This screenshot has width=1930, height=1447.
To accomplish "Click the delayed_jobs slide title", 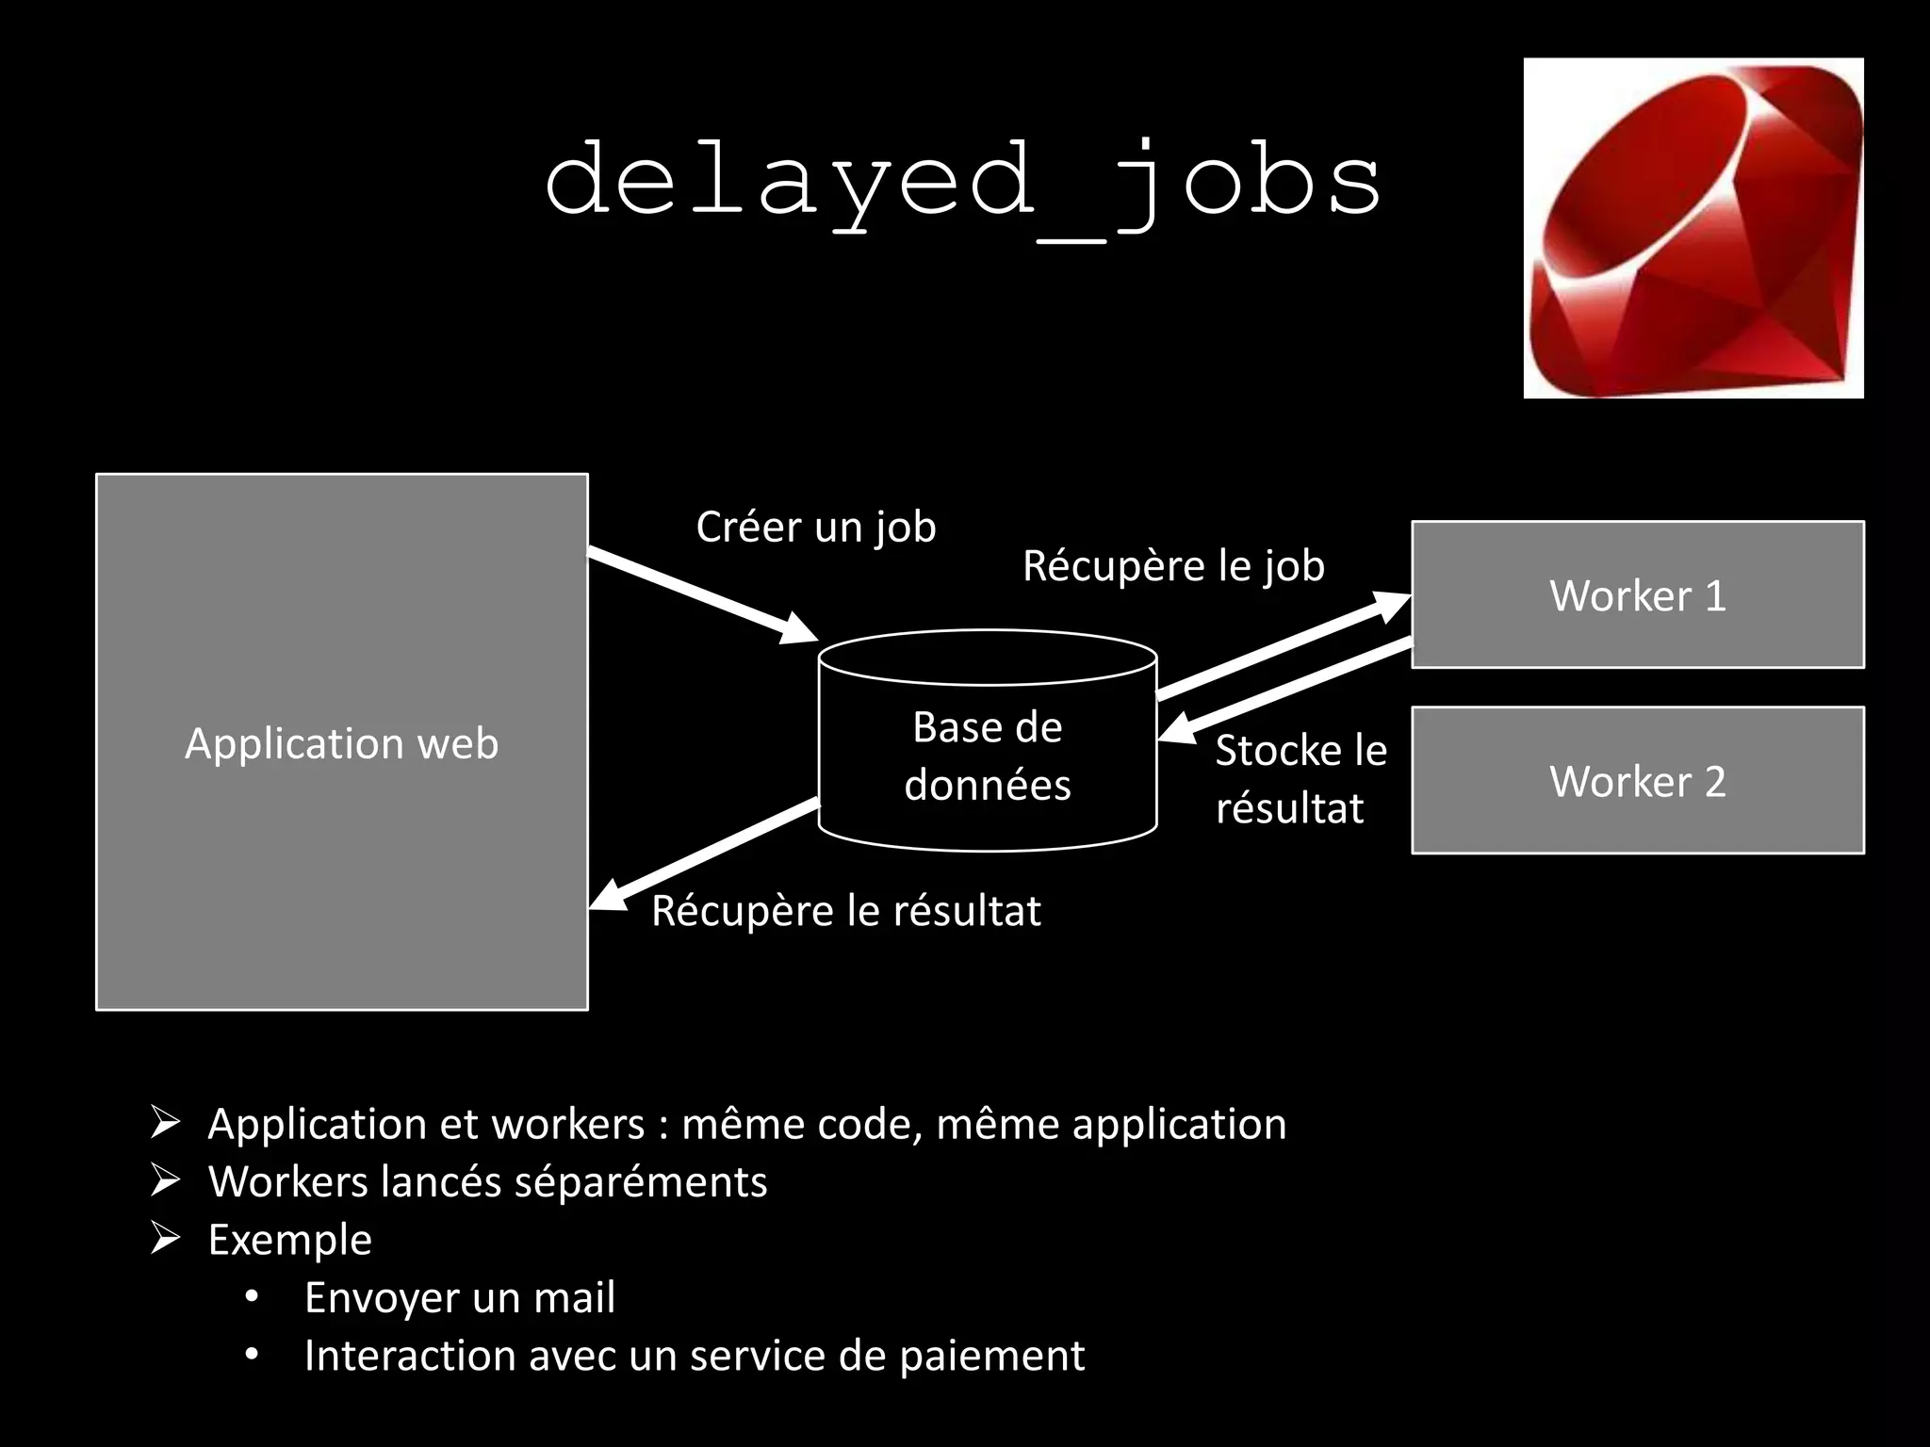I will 963,181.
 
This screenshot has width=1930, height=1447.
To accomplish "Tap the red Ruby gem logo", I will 1693,228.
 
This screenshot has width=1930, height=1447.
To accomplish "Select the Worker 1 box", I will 1637,594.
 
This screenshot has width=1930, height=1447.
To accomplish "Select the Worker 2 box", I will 1637,780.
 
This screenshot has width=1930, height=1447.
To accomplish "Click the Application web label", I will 341,743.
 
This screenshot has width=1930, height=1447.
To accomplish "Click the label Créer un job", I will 815,527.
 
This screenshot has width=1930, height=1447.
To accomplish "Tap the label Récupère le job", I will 1173,565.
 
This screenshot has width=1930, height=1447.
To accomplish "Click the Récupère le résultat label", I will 845,911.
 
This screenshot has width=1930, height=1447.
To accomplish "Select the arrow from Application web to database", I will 702,594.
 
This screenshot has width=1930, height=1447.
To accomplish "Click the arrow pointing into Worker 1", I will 1282,646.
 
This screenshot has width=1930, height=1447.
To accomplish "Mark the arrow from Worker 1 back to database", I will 1286,688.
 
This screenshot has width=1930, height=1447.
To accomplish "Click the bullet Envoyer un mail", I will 459,1297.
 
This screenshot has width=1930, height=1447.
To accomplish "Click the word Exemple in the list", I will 289,1240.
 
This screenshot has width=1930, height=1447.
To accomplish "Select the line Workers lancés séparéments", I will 487,1181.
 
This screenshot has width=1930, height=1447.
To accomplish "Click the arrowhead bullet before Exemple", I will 166,1238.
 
